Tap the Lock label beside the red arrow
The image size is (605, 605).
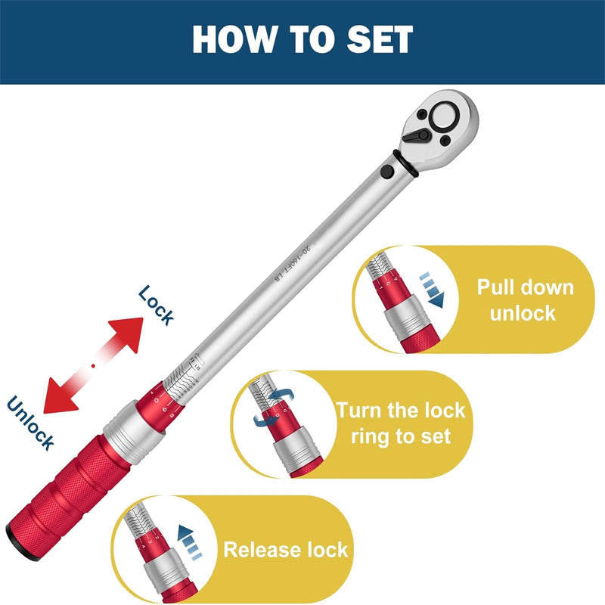coord(157,305)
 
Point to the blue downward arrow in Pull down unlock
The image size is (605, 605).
coord(433,291)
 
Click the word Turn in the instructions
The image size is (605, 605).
coord(362,411)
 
